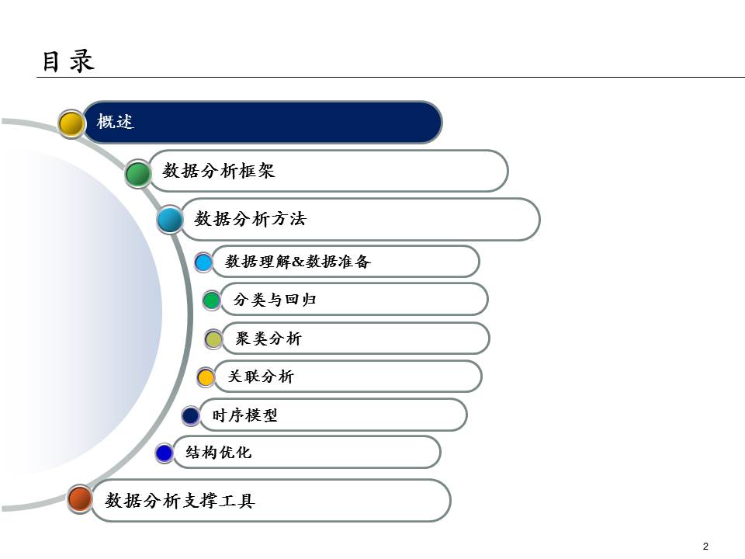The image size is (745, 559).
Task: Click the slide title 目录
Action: [x=68, y=61]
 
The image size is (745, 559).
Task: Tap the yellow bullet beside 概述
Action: [x=71, y=123]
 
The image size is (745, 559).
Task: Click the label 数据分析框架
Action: [x=220, y=171]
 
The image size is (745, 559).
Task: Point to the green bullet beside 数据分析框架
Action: [x=138, y=173]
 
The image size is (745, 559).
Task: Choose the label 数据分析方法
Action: [x=251, y=219]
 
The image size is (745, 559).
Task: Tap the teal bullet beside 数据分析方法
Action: [x=169, y=220]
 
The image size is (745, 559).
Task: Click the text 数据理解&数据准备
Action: [x=298, y=262]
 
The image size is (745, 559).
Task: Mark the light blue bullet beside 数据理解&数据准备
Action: [x=203, y=262]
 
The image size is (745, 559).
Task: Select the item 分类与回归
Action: [x=275, y=300]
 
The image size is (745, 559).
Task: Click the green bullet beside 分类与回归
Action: [x=211, y=300]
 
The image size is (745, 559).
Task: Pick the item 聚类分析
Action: [x=269, y=339]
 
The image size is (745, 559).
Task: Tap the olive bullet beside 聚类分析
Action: [x=213, y=339]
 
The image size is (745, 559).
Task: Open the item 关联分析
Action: [x=261, y=377]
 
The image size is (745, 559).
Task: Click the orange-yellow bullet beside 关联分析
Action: [x=206, y=377]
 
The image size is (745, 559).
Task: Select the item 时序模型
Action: [x=244, y=415]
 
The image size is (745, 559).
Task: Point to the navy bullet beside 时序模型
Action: [x=190, y=415]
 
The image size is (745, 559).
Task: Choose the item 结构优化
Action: [x=219, y=452]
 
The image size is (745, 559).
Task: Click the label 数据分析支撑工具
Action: [x=180, y=501]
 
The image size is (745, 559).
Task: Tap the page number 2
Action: [x=705, y=546]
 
